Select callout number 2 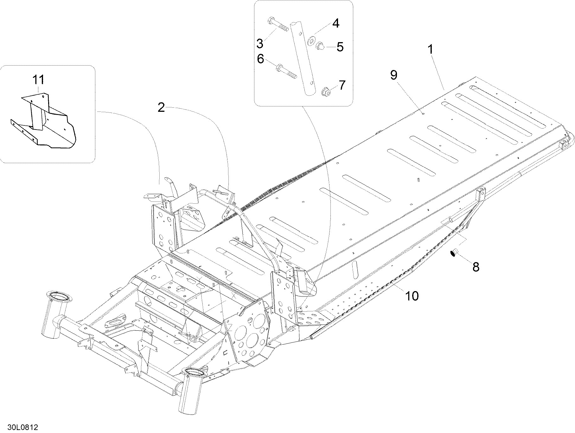161,108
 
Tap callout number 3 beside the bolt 260,43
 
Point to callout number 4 335,23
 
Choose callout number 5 340,47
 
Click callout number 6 260,59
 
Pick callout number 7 342,85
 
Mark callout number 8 476,267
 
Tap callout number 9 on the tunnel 393,75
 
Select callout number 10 412,296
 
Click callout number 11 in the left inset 38,80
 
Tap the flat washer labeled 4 312,40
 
